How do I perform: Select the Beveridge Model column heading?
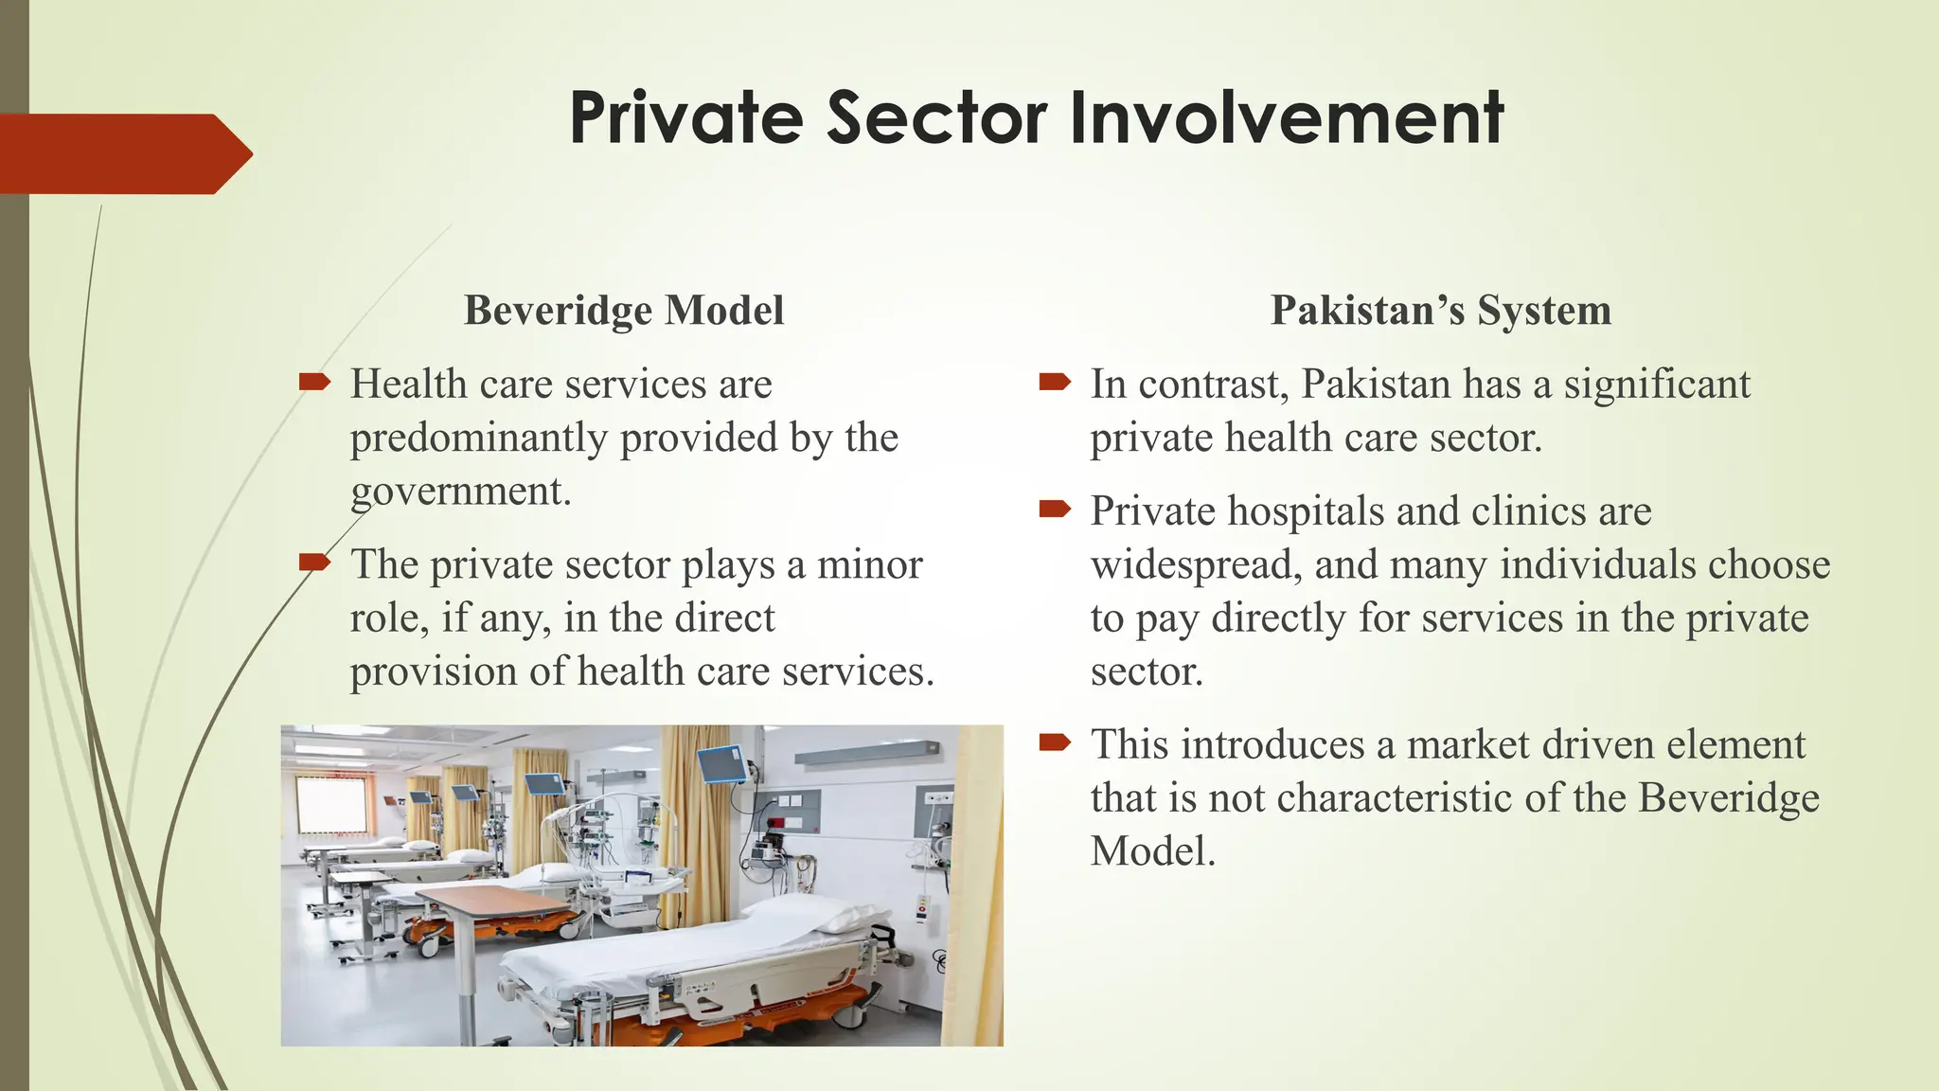click(x=624, y=310)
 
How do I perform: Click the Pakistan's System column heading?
click(x=1440, y=310)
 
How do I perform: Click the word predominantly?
click(x=478, y=438)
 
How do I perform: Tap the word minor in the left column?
click(x=869, y=564)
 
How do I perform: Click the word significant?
click(x=1656, y=385)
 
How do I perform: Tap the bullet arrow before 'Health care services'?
click(x=313, y=383)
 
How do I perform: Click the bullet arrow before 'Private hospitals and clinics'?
click(x=1054, y=510)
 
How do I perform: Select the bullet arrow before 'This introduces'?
click(x=1054, y=742)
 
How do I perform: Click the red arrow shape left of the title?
click(x=123, y=153)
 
